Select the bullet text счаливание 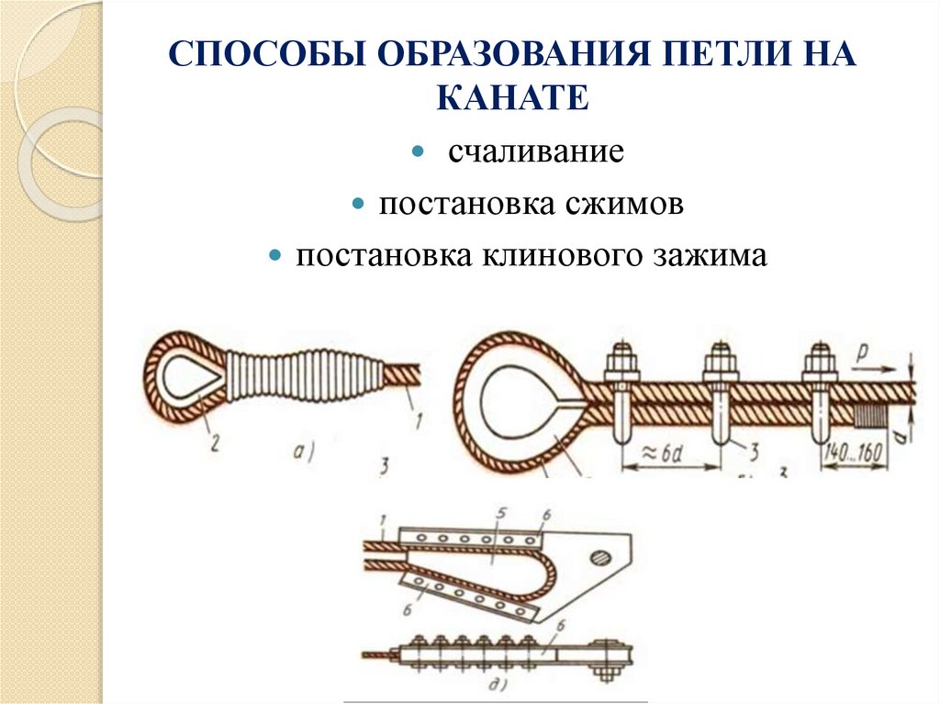(536, 151)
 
